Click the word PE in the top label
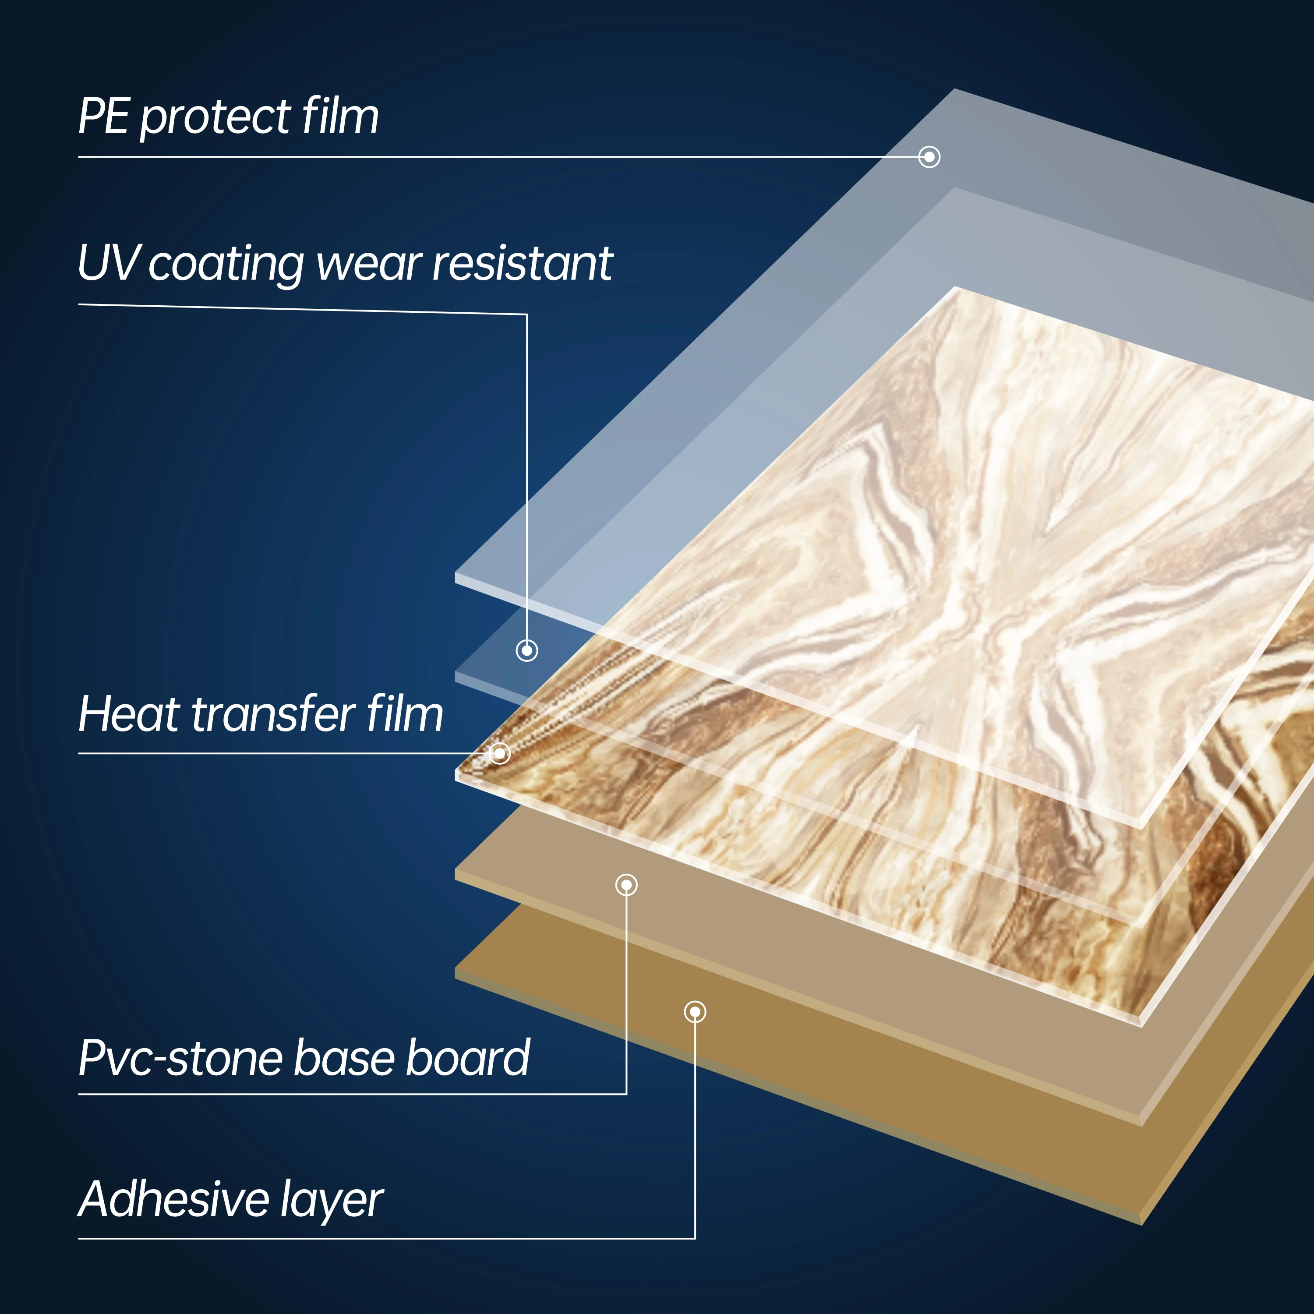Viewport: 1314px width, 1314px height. (x=103, y=117)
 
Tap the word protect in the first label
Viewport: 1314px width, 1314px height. (x=215, y=118)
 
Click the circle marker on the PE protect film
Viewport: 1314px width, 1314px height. (x=929, y=157)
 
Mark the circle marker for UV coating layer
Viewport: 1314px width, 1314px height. (x=527, y=650)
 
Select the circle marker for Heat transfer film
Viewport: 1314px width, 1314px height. (x=500, y=753)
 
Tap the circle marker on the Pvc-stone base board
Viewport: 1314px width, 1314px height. (x=626, y=885)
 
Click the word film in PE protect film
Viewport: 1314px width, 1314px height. (x=341, y=117)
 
